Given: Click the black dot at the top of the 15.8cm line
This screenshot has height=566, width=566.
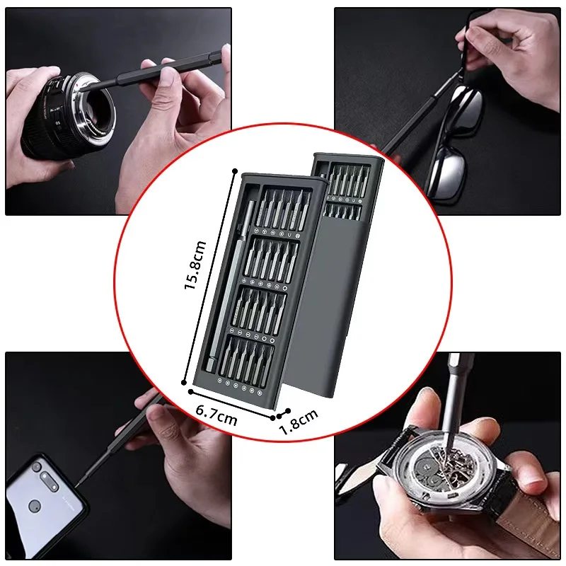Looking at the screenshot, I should pyautogui.click(x=234, y=171).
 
